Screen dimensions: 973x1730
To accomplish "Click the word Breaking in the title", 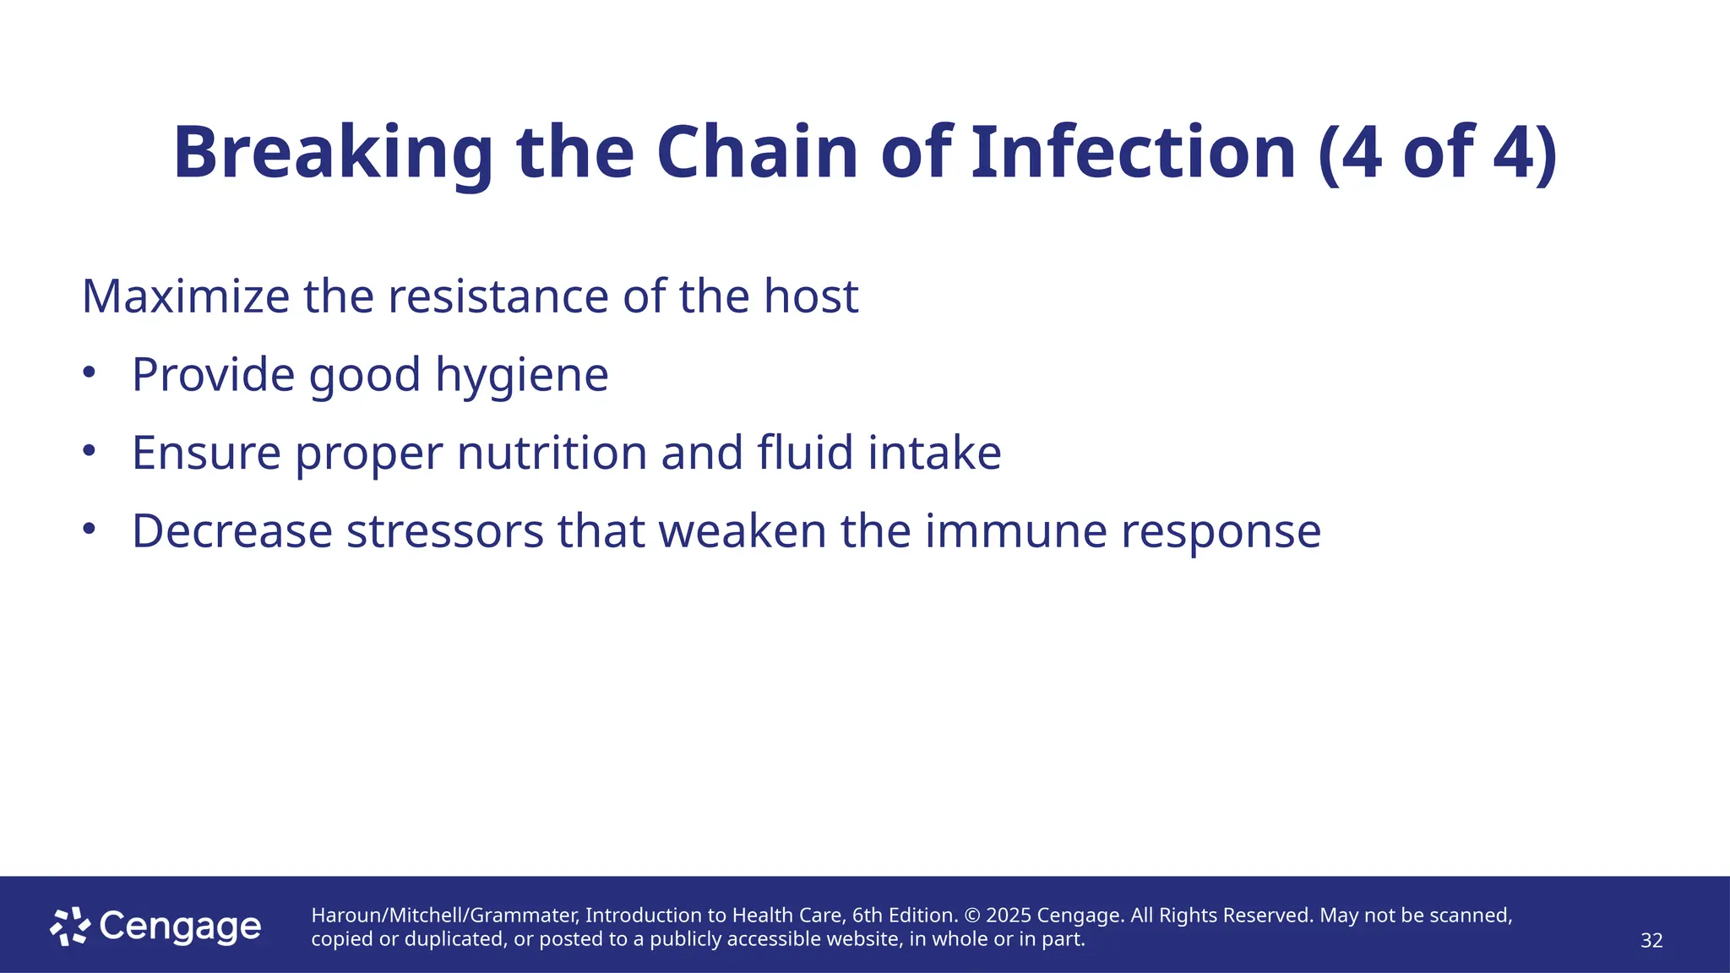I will pyautogui.click(x=333, y=154).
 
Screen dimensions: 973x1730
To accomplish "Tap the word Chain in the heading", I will pyautogui.click(x=757, y=154).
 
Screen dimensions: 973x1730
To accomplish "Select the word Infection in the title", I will pyautogui.click(x=1133, y=154).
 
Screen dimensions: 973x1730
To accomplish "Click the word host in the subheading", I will pyautogui.click(x=811, y=297).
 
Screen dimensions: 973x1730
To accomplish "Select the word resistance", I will pyautogui.click(x=498, y=297).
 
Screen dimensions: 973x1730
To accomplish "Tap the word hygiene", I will pyautogui.click(x=521, y=376).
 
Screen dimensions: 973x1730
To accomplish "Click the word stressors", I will pyautogui.click(x=444, y=532).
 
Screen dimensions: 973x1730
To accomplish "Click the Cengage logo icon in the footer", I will pyautogui.click(x=70, y=927).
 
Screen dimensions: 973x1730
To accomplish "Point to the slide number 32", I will pyautogui.click(x=1651, y=941).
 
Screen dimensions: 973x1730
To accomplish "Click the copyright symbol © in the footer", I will pyautogui.click(x=971, y=916).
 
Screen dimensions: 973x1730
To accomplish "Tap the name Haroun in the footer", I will pyautogui.click(x=347, y=916).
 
